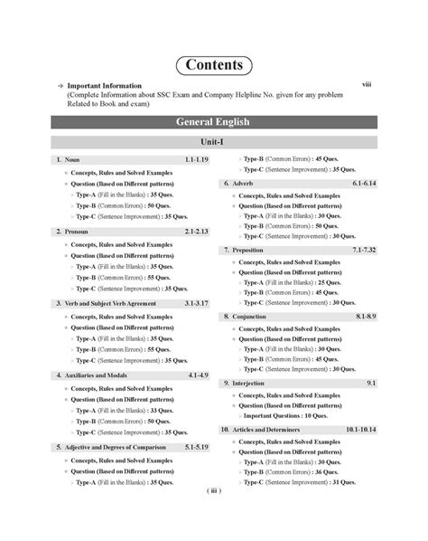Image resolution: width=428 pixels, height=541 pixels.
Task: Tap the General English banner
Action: coord(213,121)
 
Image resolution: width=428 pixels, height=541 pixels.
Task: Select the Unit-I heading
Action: coord(213,143)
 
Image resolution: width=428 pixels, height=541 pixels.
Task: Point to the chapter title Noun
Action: coord(72,159)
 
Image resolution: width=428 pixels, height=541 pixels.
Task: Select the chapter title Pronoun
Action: coord(77,232)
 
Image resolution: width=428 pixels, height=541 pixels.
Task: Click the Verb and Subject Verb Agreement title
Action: coord(110,303)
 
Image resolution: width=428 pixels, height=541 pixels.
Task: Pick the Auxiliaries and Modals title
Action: coord(98,375)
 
